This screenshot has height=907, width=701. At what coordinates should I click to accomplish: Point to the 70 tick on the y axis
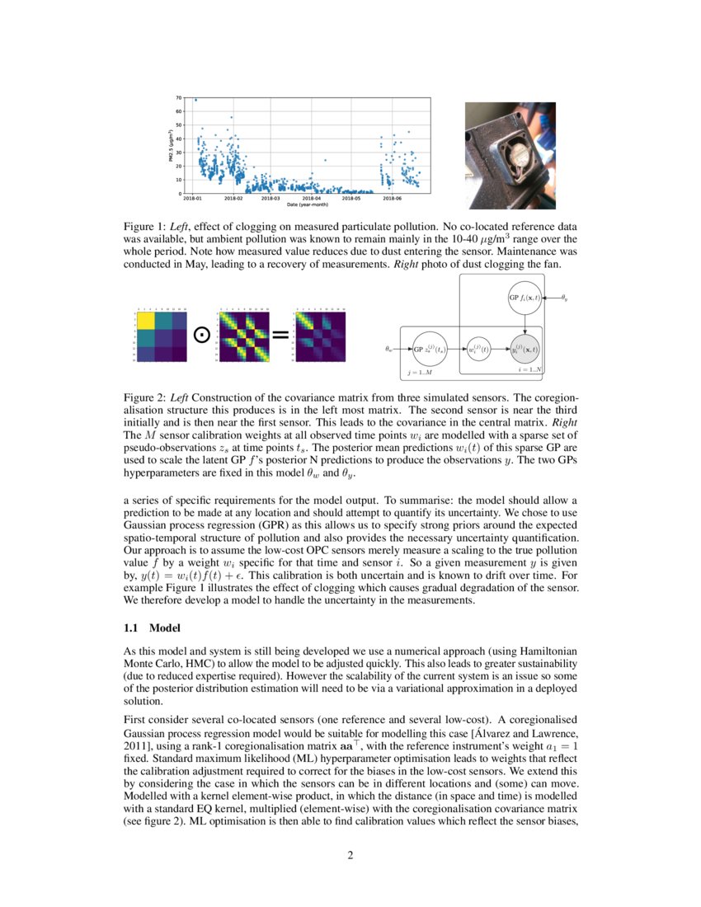[x=178, y=98]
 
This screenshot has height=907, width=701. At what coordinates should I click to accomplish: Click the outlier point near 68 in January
[x=195, y=100]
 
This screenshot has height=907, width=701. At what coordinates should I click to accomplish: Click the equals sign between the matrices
[x=280, y=335]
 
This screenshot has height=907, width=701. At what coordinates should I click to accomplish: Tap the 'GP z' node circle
[x=428, y=349]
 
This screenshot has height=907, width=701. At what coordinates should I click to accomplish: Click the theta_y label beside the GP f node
[x=564, y=296]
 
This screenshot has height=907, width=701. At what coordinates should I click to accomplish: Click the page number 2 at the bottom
[x=350, y=854]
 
